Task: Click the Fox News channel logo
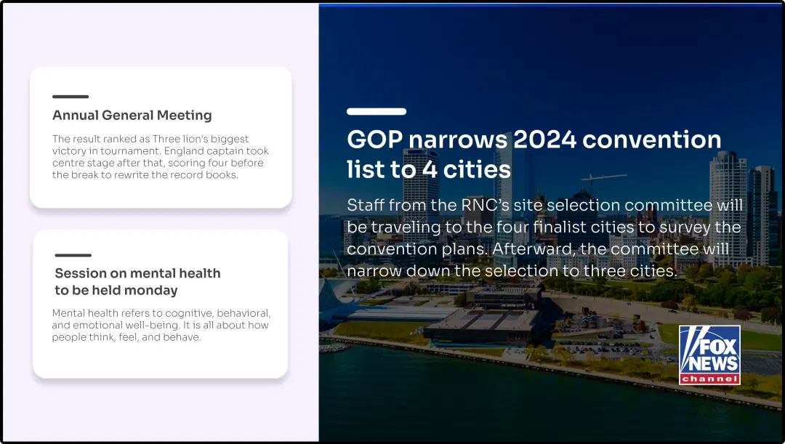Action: tap(709, 354)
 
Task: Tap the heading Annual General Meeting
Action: tap(132, 116)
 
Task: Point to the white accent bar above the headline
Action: tap(376, 111)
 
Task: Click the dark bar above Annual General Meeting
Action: tap(70, 97)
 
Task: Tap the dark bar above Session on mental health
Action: tap(73, 255)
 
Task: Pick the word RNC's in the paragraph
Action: tap(488, 206)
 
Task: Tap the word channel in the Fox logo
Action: tap(709, 379)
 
